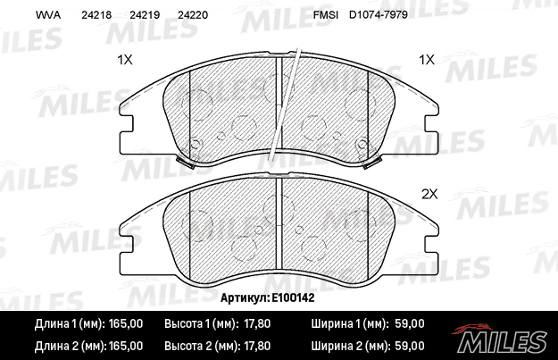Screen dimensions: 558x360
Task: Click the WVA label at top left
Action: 48,15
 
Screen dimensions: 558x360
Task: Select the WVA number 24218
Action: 96,15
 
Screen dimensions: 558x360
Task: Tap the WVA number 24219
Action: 145,15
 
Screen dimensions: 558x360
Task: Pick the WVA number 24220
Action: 193,15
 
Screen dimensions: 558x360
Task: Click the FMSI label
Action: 326,15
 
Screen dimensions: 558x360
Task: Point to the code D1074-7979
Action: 379,15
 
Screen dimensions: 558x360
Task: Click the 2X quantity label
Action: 429,194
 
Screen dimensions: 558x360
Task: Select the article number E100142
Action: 293,297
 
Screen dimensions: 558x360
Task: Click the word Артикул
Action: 245,297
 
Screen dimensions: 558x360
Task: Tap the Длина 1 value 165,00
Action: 126,323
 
